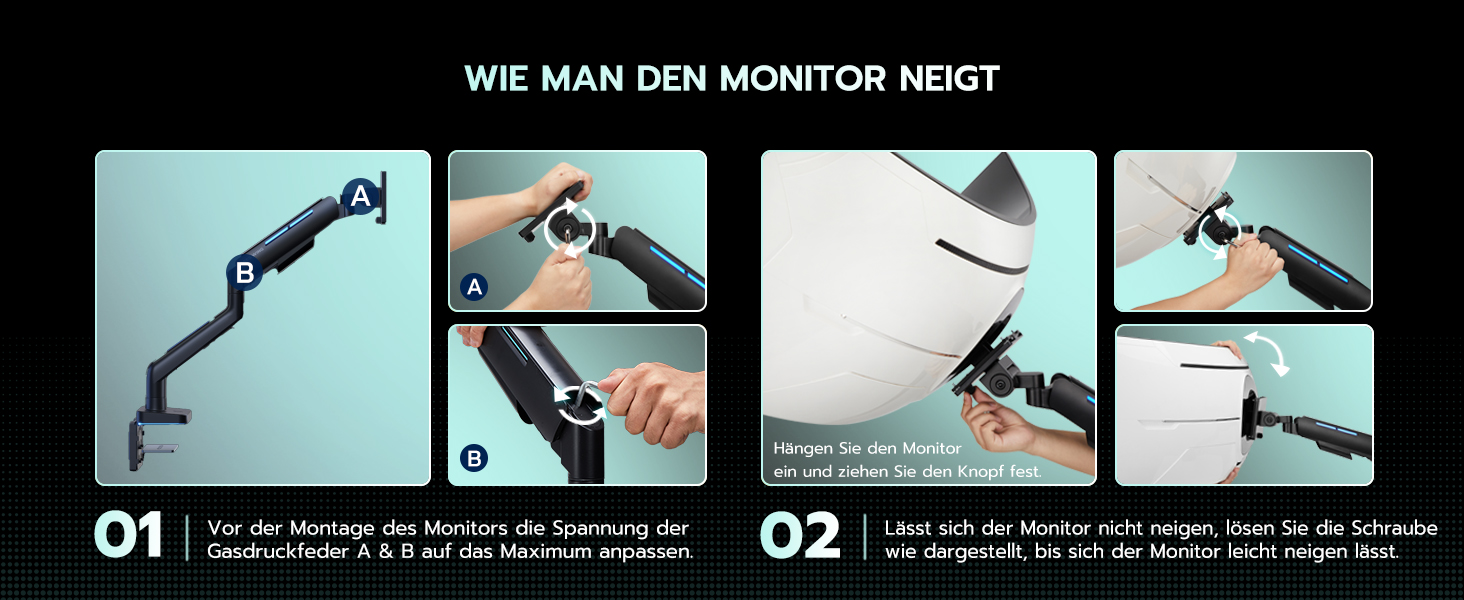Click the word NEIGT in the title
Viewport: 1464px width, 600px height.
pyautogui.click(x=949, y=78)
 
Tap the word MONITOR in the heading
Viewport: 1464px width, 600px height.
pyautogui.click(x=802, y=78)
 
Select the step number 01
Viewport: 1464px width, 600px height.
pyautogui.click(x=128, y=536)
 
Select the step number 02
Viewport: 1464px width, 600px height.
pyautogui.click(x=800, y=536)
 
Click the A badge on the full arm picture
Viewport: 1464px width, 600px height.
pyautogui.click(x=360, y=196)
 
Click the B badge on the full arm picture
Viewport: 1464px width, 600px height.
pyautogui.click(x=244, y=272)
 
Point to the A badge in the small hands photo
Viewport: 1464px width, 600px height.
pyautogui.click(x=474, y=287)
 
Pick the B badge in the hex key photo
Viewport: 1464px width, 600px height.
pyautogui.click(x=474, y=458)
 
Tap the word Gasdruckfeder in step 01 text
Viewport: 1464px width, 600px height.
pyautogui.click(x=278, y=552)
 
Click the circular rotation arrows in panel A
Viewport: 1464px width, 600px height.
pyautogui.click(x=570, y=228)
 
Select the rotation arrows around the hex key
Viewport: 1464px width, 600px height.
pyautogui.click(x=579, y=404)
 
